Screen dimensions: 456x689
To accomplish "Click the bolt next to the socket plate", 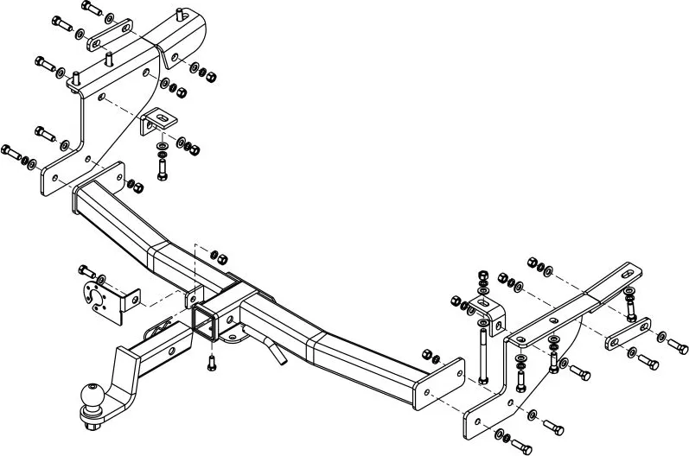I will pyautogui.click(x=87, y=271).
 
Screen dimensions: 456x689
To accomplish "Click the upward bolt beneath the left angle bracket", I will pyautogui.click(x=162, y=165).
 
